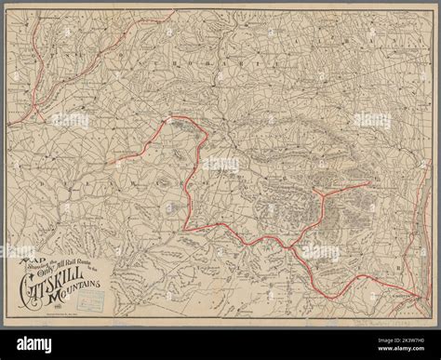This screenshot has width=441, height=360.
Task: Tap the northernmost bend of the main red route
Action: (172, 119)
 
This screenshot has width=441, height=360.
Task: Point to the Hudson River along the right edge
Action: (423, 233)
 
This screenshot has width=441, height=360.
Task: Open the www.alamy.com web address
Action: (400, 352)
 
